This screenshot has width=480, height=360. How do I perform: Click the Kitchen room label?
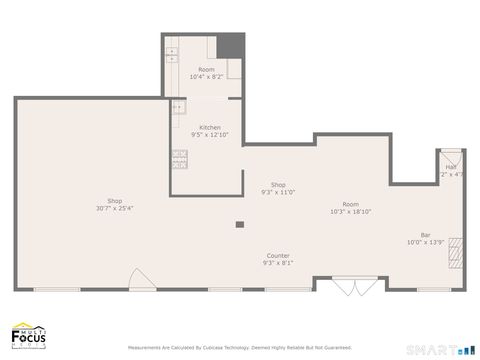(210, 127)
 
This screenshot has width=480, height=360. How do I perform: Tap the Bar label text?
(425, 234)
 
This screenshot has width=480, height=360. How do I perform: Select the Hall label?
(451, 167)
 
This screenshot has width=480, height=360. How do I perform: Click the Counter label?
(278, 255)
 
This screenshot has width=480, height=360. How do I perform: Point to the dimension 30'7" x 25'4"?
(115, 209)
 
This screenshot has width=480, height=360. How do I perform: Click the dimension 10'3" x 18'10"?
(350, 212)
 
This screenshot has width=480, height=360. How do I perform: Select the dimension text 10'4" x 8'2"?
(205, 77)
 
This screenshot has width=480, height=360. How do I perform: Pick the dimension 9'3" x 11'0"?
(278, 192)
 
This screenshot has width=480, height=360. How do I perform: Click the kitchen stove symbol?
(180, 156)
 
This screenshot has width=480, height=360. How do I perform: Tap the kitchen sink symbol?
(178, 107)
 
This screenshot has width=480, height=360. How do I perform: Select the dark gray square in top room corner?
(232, 46)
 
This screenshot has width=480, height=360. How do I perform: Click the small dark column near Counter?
(240, 225)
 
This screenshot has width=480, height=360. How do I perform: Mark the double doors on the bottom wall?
(350, 286)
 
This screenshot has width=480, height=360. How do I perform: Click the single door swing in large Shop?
(141, 279)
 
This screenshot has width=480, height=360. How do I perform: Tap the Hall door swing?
(450, 158)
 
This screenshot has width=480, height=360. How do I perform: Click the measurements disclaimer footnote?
(239, 348)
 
